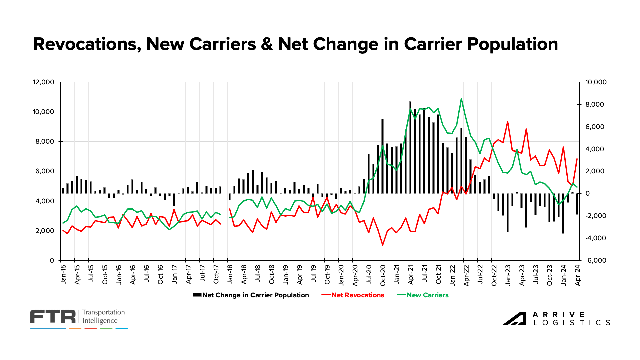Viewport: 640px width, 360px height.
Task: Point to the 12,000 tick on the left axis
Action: tap(43, 82)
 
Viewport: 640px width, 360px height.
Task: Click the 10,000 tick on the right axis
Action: tap(596, 82)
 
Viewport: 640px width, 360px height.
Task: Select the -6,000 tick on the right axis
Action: tap(596, 261)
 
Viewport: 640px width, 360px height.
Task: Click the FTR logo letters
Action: tap(53, 316)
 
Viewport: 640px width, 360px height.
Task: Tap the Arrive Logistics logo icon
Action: tap(514, 318)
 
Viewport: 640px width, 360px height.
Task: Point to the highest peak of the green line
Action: tap(461, 99)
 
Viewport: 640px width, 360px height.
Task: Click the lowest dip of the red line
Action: tap(383, 245)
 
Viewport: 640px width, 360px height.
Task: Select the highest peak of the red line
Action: tap(507, 122)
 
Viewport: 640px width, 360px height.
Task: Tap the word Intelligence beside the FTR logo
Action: tap(100, 321)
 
